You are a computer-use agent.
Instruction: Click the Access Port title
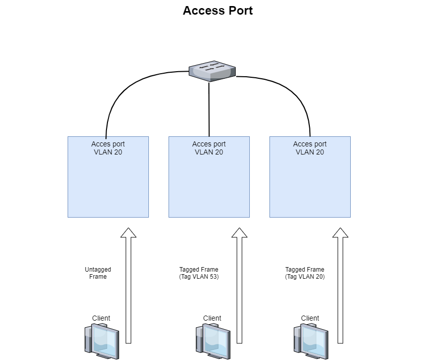[217, 11]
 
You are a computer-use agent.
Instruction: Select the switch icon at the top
[212, 71]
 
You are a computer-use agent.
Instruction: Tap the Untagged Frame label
[98, 273]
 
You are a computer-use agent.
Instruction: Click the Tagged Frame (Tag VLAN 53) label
[199, 273]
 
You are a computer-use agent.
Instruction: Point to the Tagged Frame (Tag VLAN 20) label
[305, 273]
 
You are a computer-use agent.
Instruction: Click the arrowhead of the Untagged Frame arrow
[128, 233]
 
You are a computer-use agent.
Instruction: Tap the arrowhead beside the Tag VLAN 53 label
[239, 233]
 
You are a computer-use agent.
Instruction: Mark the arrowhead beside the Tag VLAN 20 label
[340, 233]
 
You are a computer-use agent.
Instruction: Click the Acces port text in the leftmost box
[108, 144]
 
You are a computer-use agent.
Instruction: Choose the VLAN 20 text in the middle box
[209, 152]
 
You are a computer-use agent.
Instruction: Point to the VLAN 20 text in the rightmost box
[310, 152]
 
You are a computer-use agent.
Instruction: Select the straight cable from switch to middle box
[209, 109]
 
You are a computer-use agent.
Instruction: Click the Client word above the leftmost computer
[101, 318]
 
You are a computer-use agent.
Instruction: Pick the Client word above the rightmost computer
[310, 318]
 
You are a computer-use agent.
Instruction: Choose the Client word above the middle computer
[212, 318]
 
